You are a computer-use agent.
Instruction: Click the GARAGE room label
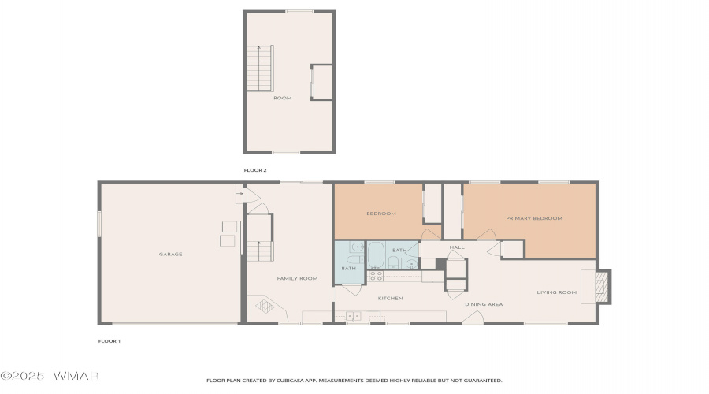pyautogui.click(x=170, y=255)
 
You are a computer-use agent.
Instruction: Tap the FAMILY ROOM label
pyautogui.click(x=297, y=279)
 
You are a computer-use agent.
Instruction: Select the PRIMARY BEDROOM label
pyautogui.click(x=534, y=218)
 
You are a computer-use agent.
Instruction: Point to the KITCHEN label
pyautogui.click(x=390, y=299)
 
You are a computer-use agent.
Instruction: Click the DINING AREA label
pyautogui.click(x=484, y=304)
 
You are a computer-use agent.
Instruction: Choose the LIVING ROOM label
pyautogui.click(x=557, y=292)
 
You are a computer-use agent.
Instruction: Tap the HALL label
pyautogui.click(x=457, y=247)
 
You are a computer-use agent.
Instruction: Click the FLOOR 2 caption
pyautogui.click(x=255, y=170)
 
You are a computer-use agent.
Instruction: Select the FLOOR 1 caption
pyautogui.click(x=109, y=341)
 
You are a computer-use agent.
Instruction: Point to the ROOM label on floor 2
pyautogui.click(x=283, y=98)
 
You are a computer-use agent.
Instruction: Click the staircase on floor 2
pyautogui.click(x=260, y=69)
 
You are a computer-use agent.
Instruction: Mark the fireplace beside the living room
pyautogui.click(x=603, y=287)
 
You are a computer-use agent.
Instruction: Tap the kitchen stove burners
pyautogui.click(x=377, y=276)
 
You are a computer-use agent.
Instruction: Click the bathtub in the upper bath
pyautogui.click(x=376, y=255)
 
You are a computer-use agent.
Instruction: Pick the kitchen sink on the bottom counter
pyautogui.click(x=354, y=316)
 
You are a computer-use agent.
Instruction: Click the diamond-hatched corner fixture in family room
pyautogui.click(x=265, y=307)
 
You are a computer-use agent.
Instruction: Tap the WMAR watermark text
pyautogui.click(x=76, y=376)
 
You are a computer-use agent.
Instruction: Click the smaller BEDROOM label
pyautogui.click(x=381, y=214)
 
